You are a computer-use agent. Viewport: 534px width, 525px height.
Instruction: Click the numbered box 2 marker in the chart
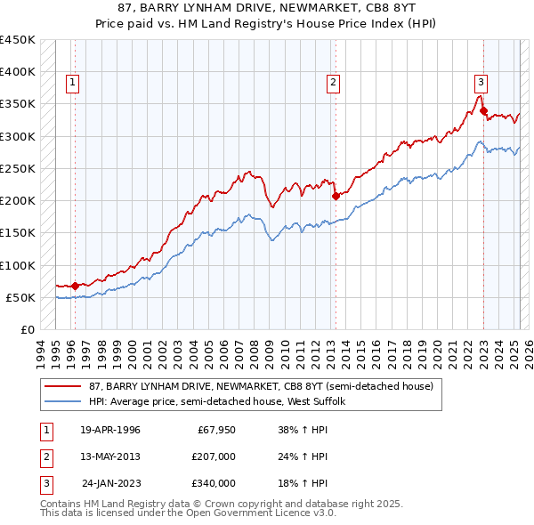(333, 83)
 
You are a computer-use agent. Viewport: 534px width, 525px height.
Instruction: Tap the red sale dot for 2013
(336, 196)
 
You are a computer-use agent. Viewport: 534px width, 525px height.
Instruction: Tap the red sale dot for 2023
(483, 110)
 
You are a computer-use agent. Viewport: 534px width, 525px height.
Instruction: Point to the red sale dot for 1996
(75, 286)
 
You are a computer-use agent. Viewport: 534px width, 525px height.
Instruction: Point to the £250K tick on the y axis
(17, 168)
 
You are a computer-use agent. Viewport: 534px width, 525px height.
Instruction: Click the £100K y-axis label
(17, 265)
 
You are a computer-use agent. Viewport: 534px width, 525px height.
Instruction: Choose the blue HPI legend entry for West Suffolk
(222, 402)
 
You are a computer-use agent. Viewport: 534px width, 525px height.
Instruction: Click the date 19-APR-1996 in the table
(110, 431)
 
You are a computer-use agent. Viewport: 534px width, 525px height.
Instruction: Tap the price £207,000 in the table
(214, 457)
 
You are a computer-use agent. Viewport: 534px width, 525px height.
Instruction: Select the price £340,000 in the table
(214, 483)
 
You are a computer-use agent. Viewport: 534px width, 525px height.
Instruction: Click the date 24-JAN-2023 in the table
(111, 483)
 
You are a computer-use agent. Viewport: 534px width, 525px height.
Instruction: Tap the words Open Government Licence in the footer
(251, 513)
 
